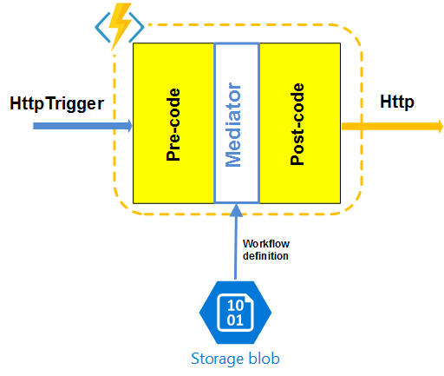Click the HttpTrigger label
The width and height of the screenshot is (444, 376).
pyautogui.click(x=57, y=103)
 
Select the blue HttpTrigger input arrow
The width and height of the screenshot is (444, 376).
pyautogui.click(x=82, y=126)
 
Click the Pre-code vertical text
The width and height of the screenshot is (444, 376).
pyautogui.click(x=173, y=124)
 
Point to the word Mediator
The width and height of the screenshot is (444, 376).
pyautogui.click(x=233, y=125)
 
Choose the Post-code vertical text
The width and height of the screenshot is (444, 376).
pyautogui.click(x=297, y=124)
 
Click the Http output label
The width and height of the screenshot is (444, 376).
pyautogui.click(x=397, y=102)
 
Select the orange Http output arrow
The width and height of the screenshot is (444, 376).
pyautogui.click(x=392, y=127)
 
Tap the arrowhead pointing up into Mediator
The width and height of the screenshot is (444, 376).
pyautogui.click(x=236, y=210)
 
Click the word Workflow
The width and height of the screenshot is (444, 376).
pyautogui.click(x=266, y=244)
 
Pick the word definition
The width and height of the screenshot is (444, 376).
pyautogui.click(x=265, y=256)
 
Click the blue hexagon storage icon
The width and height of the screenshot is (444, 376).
pyautogui.click(x=235, y=313)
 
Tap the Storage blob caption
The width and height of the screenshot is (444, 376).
pyautogui.click(x=235, y=359)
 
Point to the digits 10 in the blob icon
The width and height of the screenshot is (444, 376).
pyautogui.click(x=235, y=305)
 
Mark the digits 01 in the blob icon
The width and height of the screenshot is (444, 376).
pyautogui.click(x=235, y=320)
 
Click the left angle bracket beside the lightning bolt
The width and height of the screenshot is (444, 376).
pyautogui.click(x=101, y=27)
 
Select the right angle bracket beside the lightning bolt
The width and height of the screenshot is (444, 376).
pyautogui.click(x=137, y=28)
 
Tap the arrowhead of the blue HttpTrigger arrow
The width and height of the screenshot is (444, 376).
pyautogui.click(x=128, y=126)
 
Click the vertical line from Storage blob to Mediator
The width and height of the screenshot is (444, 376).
pyautogui.click(x=236, y=242)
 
